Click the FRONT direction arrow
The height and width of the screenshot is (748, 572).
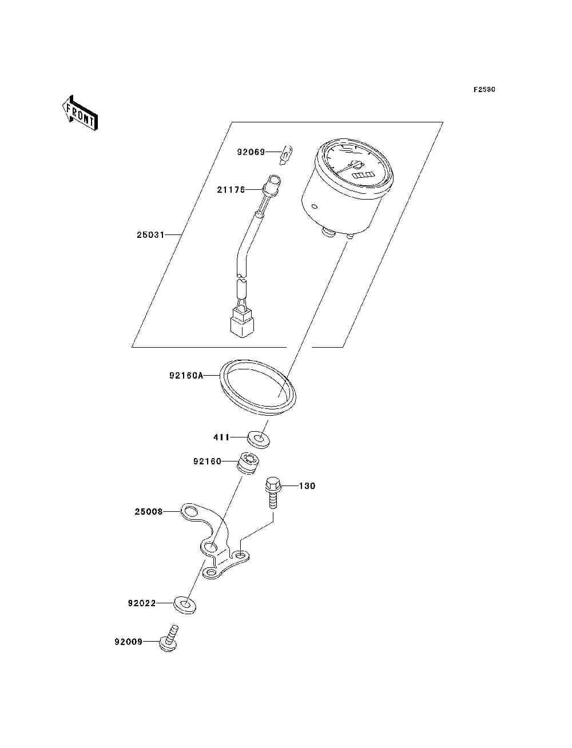80,114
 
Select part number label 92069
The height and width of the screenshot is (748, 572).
251,152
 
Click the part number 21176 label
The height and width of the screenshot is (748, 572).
231,189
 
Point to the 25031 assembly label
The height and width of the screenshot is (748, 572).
150,234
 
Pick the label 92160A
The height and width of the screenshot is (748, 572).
186,376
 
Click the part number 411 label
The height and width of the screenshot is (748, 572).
221,437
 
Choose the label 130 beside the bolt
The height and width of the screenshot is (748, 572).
307,486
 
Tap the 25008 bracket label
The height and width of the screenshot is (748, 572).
149,512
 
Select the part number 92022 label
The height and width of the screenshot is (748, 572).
142,603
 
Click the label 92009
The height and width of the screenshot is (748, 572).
128,642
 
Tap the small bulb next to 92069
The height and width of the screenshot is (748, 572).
288,153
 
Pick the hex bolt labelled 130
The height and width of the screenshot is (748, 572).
273,491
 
